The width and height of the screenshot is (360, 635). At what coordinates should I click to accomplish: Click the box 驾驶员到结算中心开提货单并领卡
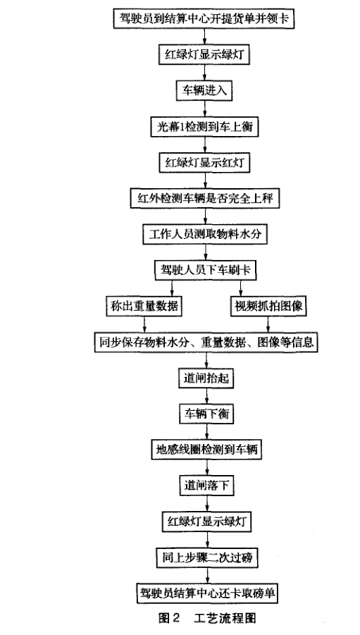point(204,18)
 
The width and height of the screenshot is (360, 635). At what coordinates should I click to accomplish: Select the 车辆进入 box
point(204,90)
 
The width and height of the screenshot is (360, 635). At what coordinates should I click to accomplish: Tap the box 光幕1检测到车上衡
point(204,127)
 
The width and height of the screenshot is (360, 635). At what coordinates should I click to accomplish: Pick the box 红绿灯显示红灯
point(204,163)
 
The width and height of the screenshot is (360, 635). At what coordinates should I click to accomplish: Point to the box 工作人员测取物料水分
point(205,235)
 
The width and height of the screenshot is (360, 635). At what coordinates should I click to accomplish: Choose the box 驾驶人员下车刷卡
point(205,270)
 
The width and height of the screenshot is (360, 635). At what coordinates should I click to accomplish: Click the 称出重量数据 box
point(144,306)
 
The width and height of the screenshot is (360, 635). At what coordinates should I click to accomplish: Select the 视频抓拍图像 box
point(268,306)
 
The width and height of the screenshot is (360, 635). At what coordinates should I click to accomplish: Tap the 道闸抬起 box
point(206,378)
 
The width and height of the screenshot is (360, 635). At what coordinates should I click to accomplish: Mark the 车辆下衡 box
point(206,414)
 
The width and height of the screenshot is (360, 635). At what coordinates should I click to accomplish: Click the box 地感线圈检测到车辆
point(206,449)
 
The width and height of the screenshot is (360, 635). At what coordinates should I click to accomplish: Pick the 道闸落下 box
point(207,485)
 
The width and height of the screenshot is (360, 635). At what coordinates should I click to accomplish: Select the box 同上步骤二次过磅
point(207,557)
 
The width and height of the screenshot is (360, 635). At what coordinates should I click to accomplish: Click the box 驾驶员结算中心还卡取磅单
point(207,593)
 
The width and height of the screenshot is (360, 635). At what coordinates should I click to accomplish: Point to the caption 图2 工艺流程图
point(207,618)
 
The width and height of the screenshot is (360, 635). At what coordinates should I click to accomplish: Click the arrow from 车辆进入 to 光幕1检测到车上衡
point(204,109)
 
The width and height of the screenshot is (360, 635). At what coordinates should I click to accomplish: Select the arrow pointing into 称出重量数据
point(172,288)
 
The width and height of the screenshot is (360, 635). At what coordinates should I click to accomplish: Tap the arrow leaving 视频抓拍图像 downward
point(268,324)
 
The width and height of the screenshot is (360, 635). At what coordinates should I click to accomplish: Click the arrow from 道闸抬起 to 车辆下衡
point(206,396)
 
